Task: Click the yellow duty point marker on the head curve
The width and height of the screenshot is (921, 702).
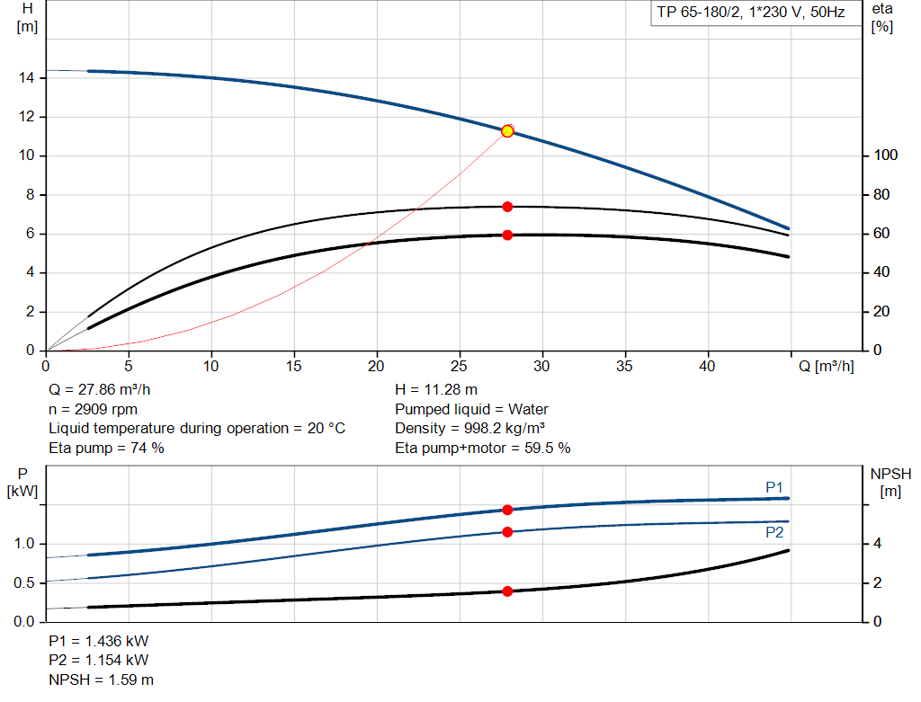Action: pos(507,131)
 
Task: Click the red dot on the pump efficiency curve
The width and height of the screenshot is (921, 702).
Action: pos(507,207)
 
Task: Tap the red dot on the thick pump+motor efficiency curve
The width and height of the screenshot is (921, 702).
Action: pos(507,235)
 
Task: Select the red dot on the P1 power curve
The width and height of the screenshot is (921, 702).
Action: pos(507,510)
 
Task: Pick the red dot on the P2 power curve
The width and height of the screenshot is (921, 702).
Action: pos(507,532)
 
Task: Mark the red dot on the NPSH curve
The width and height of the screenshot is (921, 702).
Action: pos(507,591)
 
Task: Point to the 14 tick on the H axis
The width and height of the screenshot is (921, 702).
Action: pos(27,78)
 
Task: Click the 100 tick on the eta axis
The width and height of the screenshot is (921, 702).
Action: pos(885,156)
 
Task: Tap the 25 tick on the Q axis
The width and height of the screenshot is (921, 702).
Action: pos(460,367)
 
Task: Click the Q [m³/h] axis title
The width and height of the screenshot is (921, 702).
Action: pos(826,367)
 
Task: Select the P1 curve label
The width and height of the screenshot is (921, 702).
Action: pos(774,487)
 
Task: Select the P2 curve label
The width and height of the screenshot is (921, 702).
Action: pos(774,532)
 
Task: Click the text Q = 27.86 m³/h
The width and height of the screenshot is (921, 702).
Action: pos(101,390)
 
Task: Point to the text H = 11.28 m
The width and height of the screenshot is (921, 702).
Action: pos(436,390)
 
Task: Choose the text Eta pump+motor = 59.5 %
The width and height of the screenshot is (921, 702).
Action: pos(483,448)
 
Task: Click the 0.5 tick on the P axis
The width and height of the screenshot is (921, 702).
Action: pos(24,583)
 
